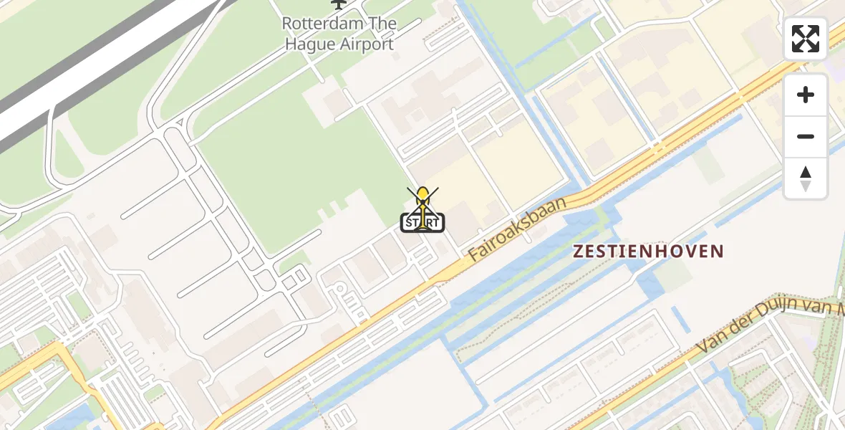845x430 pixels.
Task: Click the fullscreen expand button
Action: pos(806,39)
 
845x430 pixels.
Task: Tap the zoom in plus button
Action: pos(806,95)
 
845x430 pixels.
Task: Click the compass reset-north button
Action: pos(806,178)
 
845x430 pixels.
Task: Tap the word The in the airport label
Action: pos(382,24)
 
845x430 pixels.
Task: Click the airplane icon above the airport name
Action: pos(338,4)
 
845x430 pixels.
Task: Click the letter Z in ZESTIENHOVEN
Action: pos(579,252)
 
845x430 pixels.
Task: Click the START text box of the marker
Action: pos(422,223)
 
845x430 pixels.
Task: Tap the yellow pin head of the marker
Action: pos(423,193)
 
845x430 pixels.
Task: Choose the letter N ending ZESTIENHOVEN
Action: pos(717,252)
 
